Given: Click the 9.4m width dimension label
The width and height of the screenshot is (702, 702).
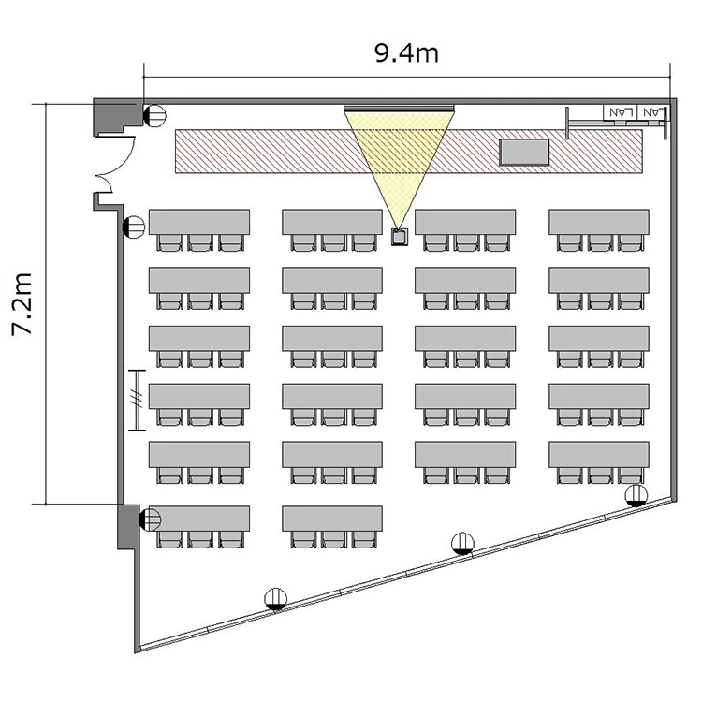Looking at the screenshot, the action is tap(406, 53).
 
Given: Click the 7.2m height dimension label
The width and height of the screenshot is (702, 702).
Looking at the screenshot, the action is tap(22, 304).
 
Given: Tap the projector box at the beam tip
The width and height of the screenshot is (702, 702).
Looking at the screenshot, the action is tap(400, 237).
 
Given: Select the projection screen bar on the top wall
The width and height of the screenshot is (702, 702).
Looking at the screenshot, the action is tap(399, 108).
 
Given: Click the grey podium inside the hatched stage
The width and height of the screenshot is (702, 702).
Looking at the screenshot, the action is tap(524, 153).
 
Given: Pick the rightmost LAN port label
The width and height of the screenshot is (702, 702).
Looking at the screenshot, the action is tap(651, 112).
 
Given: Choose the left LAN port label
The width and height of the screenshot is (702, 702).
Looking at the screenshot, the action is tap(620, 112).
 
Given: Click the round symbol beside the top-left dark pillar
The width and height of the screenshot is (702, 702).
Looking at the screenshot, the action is tap(154, 115).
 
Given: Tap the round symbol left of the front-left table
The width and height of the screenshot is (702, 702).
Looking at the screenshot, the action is tap(134, 227).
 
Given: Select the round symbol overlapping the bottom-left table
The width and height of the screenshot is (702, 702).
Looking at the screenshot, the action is tap(150, 519).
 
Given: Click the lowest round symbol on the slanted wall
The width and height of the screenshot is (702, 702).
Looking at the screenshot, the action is tap(276, 599).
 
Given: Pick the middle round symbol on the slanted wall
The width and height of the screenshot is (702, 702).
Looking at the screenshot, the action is tap(463, 544).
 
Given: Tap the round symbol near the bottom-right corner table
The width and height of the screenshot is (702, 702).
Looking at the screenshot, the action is tap(636, 495).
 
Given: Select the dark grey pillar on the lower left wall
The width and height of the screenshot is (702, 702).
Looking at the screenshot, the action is tap(128, 526).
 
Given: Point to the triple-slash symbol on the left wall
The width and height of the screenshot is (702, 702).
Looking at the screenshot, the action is tap(137, 400).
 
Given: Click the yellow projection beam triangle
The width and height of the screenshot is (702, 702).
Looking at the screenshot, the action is tap(399, 166).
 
